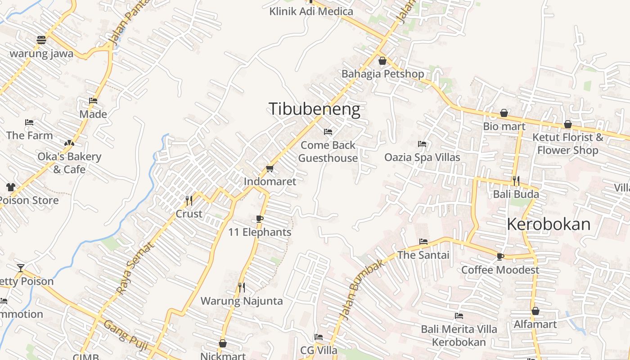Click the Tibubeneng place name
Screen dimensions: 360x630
(314, 109)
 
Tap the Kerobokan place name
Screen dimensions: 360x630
(549, 224)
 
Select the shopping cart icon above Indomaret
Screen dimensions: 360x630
(270, 168)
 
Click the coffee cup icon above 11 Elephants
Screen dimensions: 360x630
(259, 219)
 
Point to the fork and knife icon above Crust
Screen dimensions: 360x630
(189, 200)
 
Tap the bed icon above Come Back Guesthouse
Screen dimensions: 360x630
(328, 132)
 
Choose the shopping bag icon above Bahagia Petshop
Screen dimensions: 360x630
(382, 60)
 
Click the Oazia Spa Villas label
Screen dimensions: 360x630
(422, 157)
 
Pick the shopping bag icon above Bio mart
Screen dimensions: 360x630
(504, 113)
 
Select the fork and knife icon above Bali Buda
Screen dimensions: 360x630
(516, 181)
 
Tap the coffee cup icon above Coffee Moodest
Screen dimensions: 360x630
(500, 256)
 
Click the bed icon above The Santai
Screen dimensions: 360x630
(423, 242)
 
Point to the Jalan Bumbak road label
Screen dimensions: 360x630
(362, 290)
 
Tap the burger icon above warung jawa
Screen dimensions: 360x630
(41, 40)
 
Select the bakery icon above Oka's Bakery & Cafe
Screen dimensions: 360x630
(69, 143)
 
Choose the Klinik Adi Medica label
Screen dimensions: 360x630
(311, 11)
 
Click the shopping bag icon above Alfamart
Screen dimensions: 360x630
(535, 311)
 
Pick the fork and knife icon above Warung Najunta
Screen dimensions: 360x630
(242, 287)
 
